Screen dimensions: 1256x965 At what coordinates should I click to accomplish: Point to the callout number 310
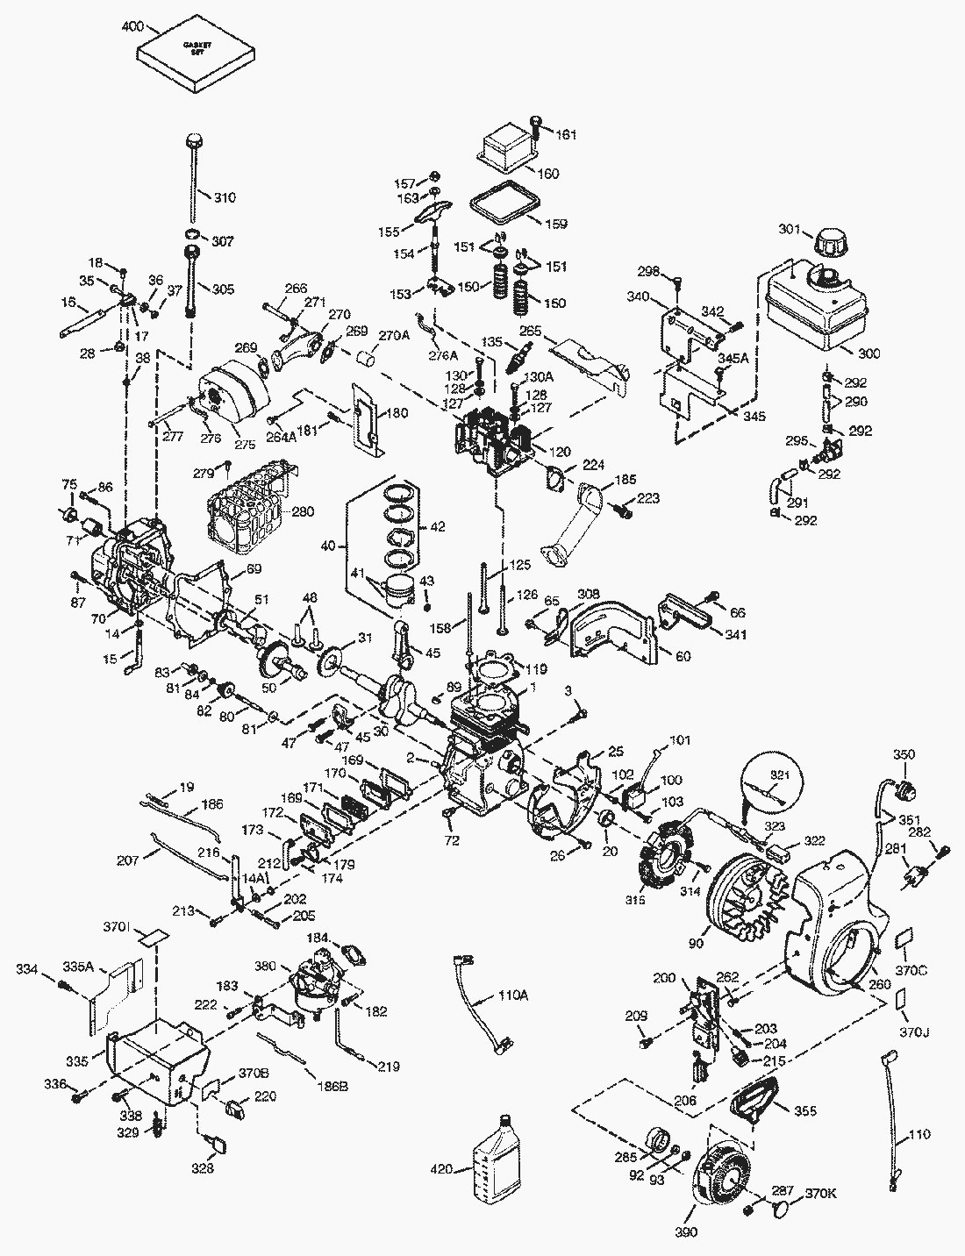pos(225,197)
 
